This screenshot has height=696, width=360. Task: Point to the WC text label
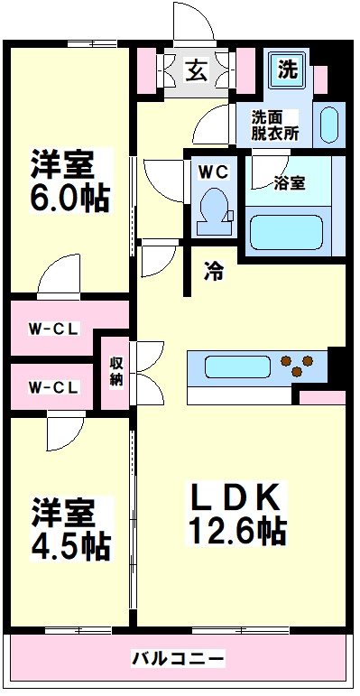(214, 169)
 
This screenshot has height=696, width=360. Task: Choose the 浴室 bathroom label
(289, 181)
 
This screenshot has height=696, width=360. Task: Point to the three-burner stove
(300, 366)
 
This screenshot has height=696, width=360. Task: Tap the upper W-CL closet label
(52, 328)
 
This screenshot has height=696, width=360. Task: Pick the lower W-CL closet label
(52, 387)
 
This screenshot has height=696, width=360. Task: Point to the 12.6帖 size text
(237, 529)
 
